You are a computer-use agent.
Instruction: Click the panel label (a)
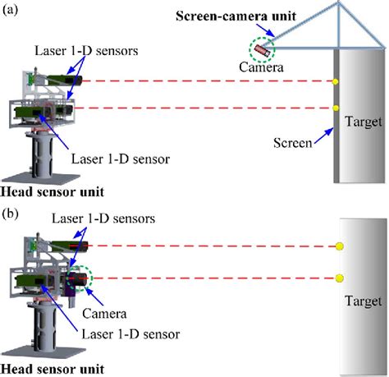(x=12, y=11)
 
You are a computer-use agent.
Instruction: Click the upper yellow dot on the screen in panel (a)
(x=336, y=81)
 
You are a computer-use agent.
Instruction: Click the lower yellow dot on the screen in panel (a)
(x=336, y=108)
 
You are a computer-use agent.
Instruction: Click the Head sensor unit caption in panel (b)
(x=52, y=368)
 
